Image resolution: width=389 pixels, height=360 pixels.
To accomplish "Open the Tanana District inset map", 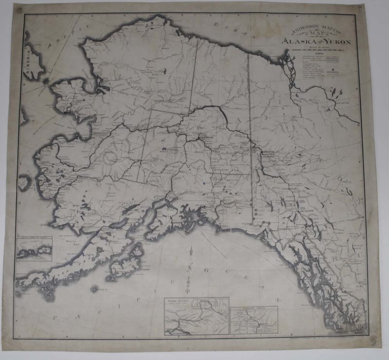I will (196, 316).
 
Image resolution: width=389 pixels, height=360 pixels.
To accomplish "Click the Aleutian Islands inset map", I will (34, 249).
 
